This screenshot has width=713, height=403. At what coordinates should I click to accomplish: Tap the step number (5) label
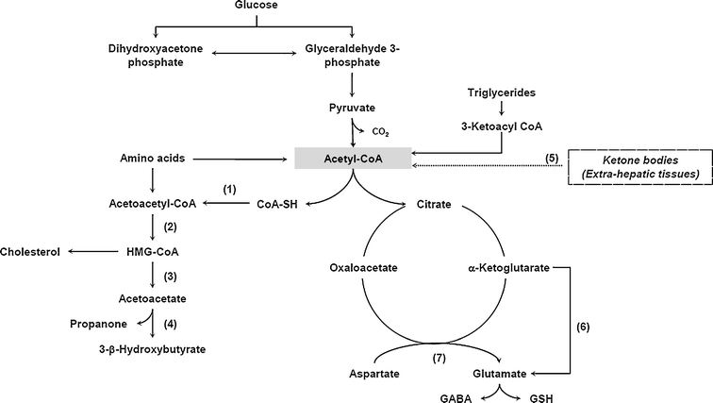coord(553,153)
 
